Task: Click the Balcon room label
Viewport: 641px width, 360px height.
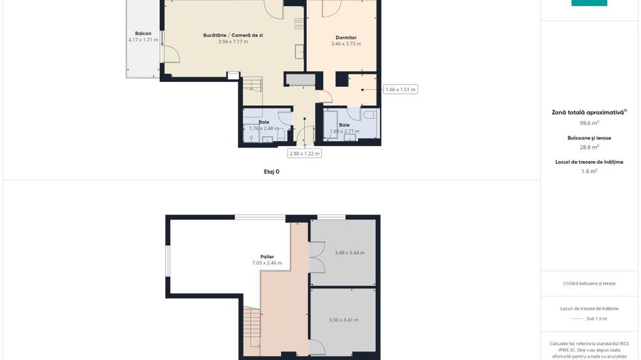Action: pyautogui.click(x=143, y=33)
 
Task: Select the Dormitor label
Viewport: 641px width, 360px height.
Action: pyautogui.click(x=346, y=38)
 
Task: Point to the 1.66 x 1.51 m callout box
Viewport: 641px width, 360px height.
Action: pyautogui.click(x=400, y=89)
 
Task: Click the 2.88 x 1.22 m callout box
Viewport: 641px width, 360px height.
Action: pyautogui.click(x=304, y=154)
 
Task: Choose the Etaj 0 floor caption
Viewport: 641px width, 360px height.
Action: pyautogui.click(x=271, y=172)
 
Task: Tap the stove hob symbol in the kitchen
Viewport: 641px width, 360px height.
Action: pyautogui.click(x=299, y=24)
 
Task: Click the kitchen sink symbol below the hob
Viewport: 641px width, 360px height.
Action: pyautogui.click(x=299, y=51)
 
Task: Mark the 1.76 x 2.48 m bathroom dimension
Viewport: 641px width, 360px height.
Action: pyautogui.click(x=263, y=128)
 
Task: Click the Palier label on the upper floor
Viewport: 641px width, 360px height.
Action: pyautogui.click(x=267, y=257)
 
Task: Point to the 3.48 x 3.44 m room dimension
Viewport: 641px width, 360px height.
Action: pyautogui.click(x=349, y=253)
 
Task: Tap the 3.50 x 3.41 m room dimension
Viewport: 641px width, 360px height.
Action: pyautogui.click(x=343, y=320)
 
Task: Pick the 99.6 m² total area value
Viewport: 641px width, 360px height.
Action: pyautogui.click(x=589, y=124)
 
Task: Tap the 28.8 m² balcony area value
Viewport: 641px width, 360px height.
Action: pyautogui.click(x=589, y=147)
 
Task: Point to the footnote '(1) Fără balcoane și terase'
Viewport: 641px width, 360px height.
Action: pyautogui.click(x=589, y=283)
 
